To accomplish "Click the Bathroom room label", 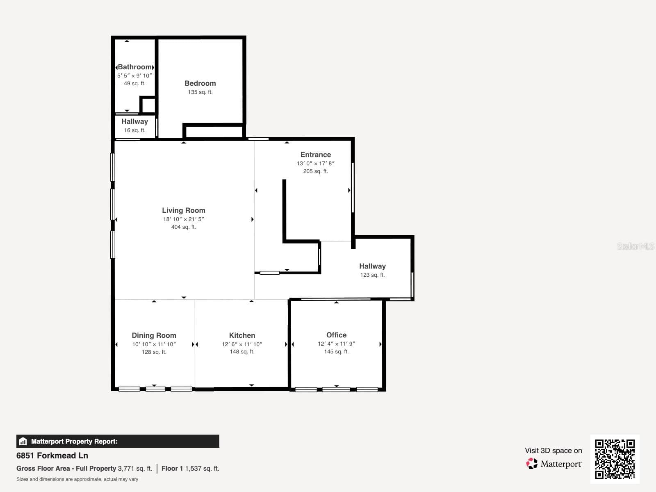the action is pyautogui.click(x=135, y=67).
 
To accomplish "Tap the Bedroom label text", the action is pyautogui.click(x=200, y=83).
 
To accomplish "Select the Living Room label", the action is pyautogui.click(x=184, y=210).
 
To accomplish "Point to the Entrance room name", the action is pyautogui.click(x=316, y=155).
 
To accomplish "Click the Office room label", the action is pyautogui.click(x=337, y=335).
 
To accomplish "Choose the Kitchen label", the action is pyautogui.click(x=242, y=335).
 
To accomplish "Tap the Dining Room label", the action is pyautogui.click(x=154, y=335).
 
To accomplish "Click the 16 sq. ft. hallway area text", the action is pyautogui.click(x=135, y=130).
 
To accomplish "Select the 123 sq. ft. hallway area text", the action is pyautogui.click(x=372, y=275).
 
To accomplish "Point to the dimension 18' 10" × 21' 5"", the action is pyautogui.click(x=184, y=219).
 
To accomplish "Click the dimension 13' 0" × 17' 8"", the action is pyautogui.click(x=316, y=164).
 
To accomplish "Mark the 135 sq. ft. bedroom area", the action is pyautogui.click(x=200, y=92).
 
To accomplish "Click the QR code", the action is pyautogui.click(x=615, y=459).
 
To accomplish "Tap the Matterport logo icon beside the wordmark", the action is pyautogui.click(x=532, y=464).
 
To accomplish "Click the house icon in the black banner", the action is pyautogui.click(x=23, y=441).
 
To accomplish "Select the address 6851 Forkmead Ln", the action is pyautogui.click(x=52, y=456).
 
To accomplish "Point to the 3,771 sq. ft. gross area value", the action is pyautogui.click(x=135, y=468).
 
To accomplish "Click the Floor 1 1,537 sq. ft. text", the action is pyautogui.click(x=190, y=468).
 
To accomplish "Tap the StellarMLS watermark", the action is pyautogui.click(x=635, y=246).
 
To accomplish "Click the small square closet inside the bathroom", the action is pyautogui.click(x=148, y=105).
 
